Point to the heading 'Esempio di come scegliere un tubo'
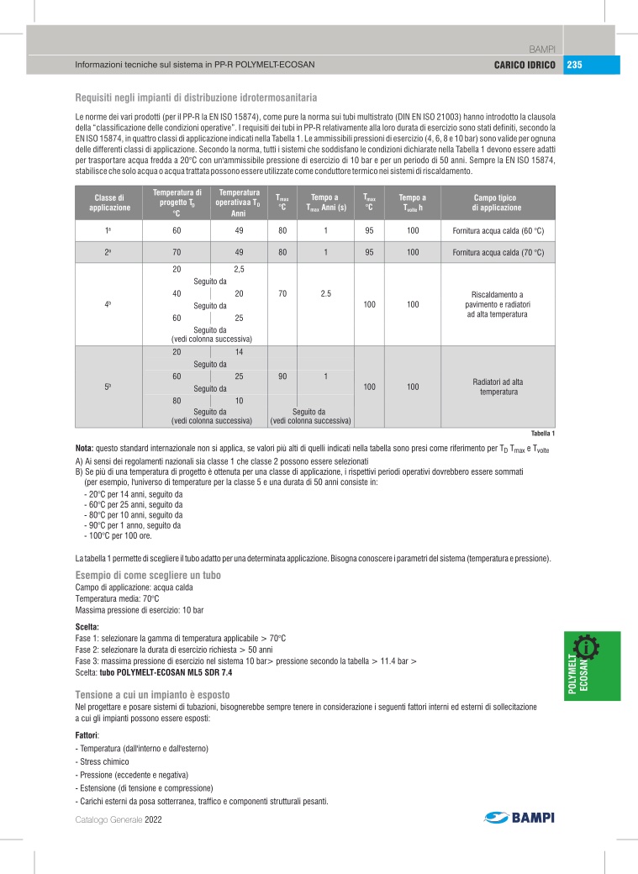click(x=143, y=574)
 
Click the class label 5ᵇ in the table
click(x=108, y=387)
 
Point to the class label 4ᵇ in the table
click(x=108, y=303)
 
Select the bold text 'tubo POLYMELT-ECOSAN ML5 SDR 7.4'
click(x=165, y=673)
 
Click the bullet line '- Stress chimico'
click(x=104, y=761)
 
